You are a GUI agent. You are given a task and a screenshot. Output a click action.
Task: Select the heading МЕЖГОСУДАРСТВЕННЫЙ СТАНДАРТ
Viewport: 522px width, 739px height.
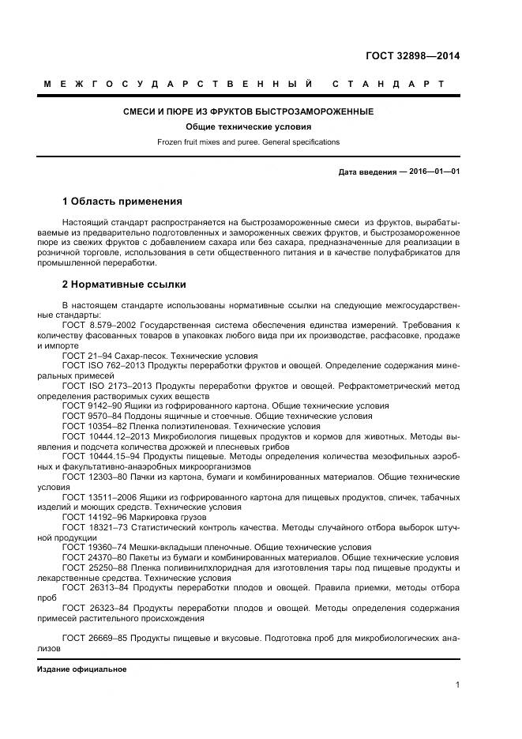pos(243,84)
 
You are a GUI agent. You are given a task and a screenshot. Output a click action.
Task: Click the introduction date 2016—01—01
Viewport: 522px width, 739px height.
pos(431,172)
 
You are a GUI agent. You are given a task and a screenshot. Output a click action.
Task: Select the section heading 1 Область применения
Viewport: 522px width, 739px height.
pos(122,201)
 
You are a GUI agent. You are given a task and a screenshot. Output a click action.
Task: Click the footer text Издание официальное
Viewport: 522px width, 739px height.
pos(81,669)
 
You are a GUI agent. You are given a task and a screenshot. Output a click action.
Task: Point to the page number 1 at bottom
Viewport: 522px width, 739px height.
pos(457,684)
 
